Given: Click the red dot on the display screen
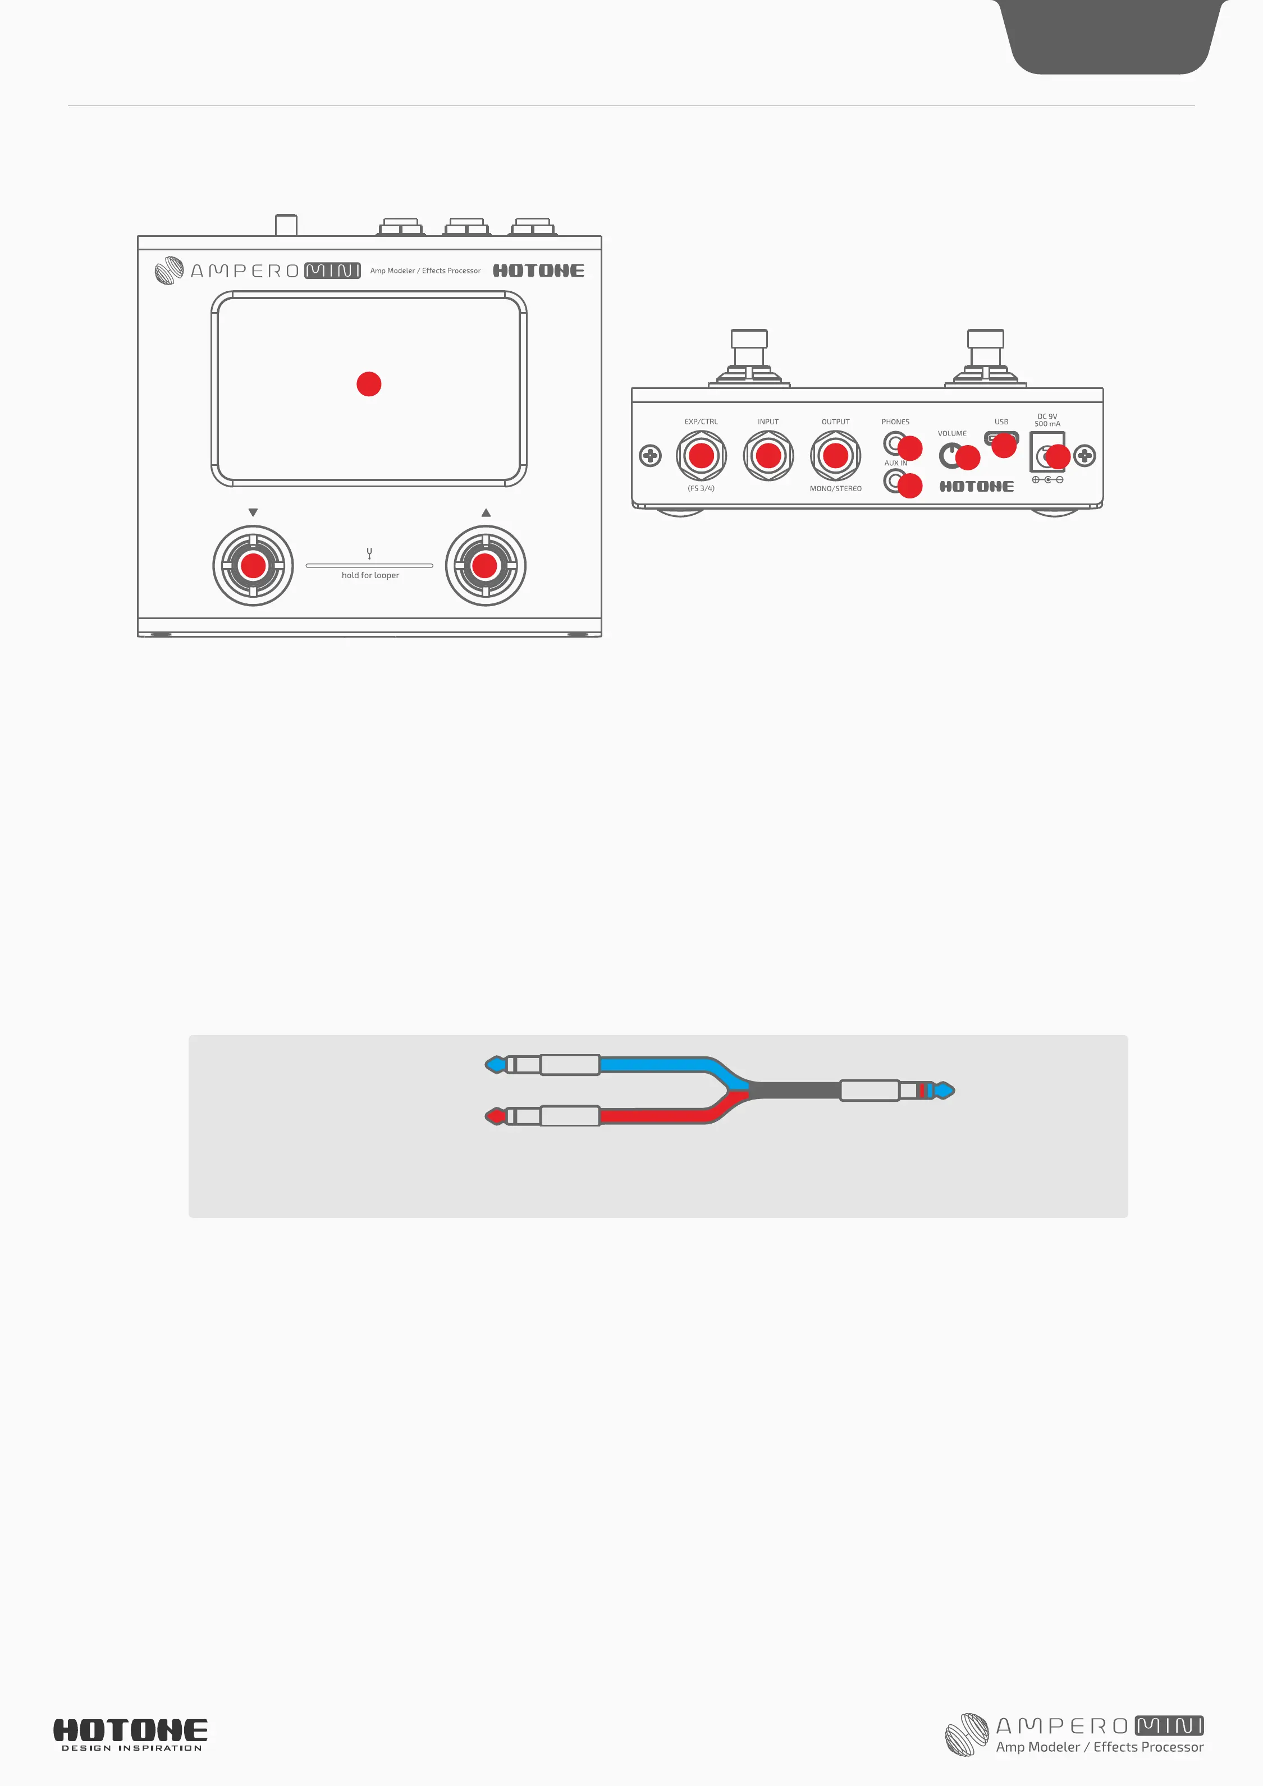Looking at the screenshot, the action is tap(369, 383).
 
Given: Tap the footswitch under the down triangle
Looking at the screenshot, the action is tap(253, 566).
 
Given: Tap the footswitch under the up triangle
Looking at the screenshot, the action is tap(486, 566).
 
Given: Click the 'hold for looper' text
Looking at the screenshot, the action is tap(370, 576).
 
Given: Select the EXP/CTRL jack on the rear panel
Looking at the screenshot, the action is tap(701, 456).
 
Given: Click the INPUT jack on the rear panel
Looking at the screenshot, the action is tap(768, 456).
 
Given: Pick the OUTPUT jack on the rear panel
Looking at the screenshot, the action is tap(835, 456).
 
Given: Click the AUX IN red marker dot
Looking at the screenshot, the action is tap(910, 486).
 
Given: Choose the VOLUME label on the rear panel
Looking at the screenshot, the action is tap(952, 434).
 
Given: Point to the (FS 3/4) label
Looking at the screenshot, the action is tap(701, 488).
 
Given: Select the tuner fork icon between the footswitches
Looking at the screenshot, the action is tap(369, 553).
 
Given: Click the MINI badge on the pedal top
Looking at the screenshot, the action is tap(332, 271).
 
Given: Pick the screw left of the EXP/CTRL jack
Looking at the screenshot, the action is tap(650, 456).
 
